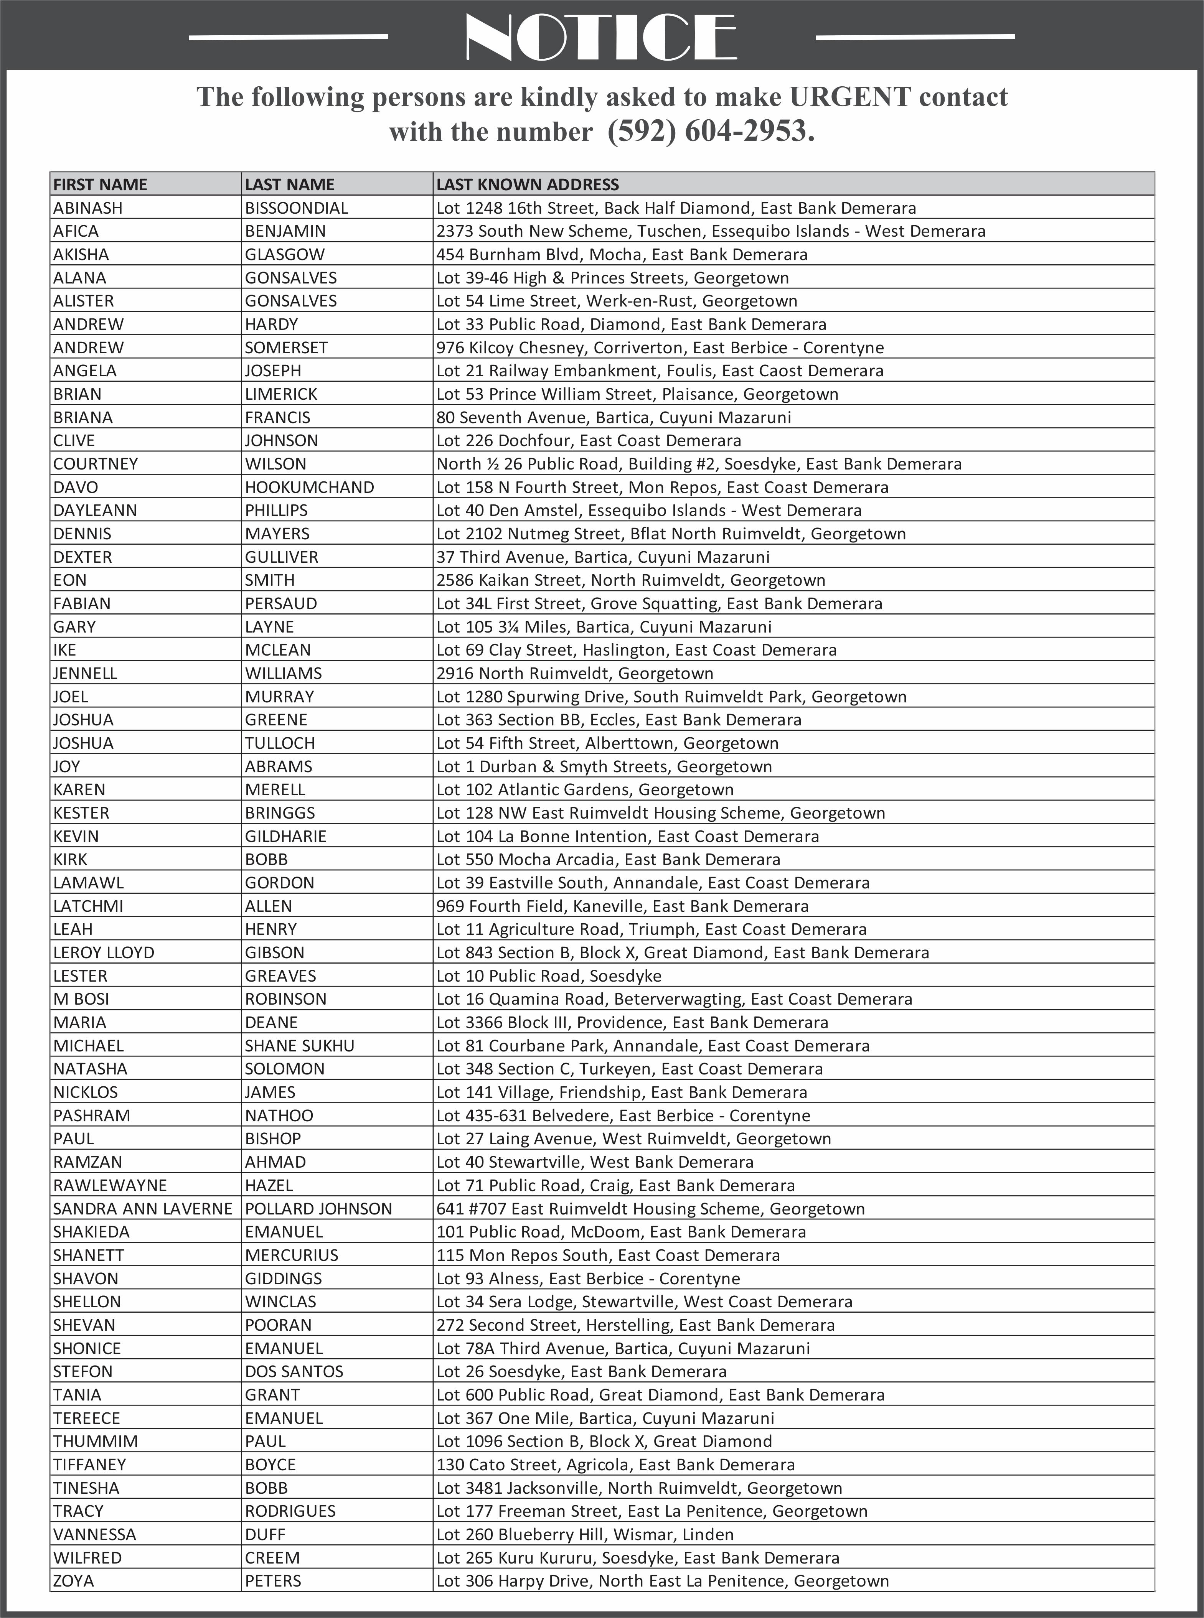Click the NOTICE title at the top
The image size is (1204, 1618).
point(601,36)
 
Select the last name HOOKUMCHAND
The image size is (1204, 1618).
point(309,488)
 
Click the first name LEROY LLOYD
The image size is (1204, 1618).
point(104,953)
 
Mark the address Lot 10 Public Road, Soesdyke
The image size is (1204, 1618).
point(549,976)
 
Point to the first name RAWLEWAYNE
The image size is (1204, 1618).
point(110,1185)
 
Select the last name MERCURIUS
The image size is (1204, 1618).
point(292,1255)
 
